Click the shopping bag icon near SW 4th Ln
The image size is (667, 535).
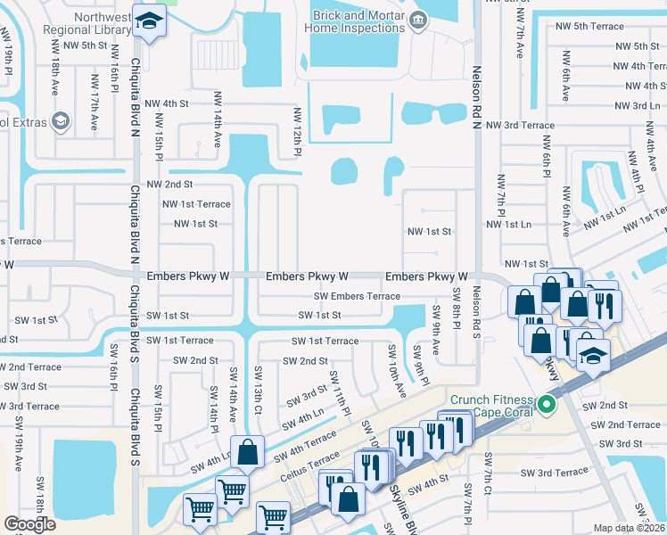pos(248,453)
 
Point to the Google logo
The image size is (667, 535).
pos(30,524)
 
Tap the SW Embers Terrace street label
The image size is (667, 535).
pos(357,296)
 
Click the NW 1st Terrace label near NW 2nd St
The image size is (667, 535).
pos(196,204)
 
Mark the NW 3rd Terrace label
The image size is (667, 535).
pos(525,126)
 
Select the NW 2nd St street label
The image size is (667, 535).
pos(169,184)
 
